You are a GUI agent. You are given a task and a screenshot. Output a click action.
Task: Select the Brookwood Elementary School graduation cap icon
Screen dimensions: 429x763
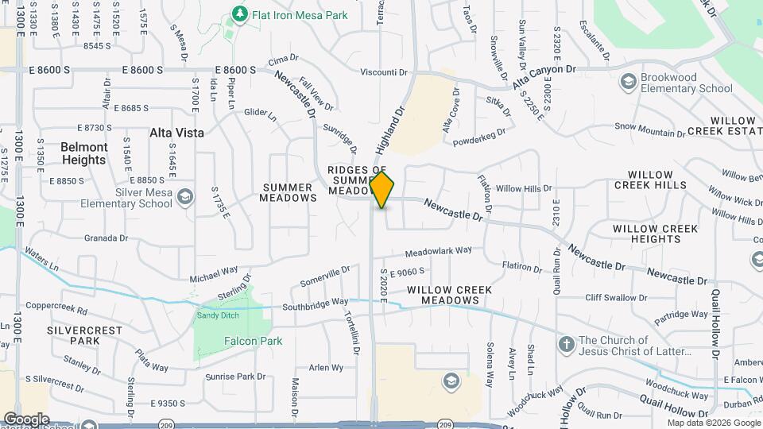click(629, 82)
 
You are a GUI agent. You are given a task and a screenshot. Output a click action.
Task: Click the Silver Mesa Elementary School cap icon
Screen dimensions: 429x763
click(184, 196)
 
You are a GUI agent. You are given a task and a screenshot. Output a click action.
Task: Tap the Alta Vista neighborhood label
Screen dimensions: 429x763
click(176, 133)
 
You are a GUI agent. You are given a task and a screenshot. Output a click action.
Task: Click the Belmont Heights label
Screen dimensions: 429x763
click(83, 153)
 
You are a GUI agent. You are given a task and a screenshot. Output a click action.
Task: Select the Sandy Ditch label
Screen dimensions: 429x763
click(218, 315)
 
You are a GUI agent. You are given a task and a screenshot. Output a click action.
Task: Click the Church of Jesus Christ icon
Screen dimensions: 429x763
click(566, 345)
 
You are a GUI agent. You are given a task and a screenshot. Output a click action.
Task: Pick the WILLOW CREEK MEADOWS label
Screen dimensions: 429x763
click(443, 296)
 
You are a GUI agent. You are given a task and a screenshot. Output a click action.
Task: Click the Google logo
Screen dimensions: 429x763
click(26, 419)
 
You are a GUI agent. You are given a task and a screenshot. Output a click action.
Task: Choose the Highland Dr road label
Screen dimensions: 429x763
click(390, 130)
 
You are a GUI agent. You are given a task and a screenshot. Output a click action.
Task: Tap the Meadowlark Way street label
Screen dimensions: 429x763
click(438, 253)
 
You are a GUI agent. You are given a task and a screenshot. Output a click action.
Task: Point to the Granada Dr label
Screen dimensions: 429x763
click(107, 238)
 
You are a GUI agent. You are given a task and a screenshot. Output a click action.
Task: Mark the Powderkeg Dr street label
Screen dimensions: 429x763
click(479, 137)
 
